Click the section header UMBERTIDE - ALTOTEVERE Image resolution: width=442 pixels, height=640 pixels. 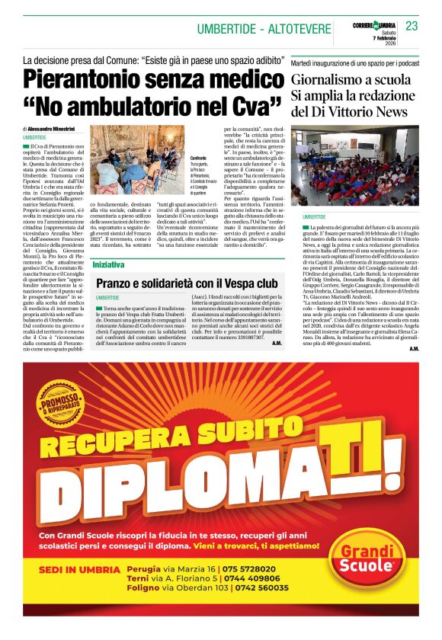[263, 29]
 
